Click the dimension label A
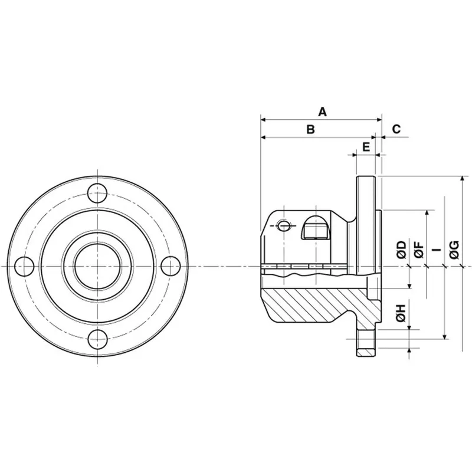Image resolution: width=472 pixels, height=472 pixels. (322, 111)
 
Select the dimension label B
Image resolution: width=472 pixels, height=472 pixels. (310, 129)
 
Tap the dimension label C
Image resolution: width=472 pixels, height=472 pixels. (396, 129)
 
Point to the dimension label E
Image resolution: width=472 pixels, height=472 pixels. (366, 146)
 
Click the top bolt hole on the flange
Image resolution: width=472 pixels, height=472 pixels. (97, 192)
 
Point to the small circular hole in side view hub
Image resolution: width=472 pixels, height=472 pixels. (284, 226)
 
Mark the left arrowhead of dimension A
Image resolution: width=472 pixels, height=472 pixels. (263, 119)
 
